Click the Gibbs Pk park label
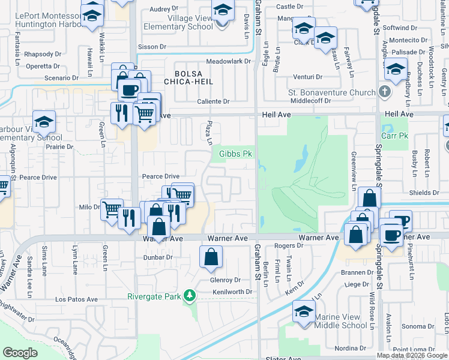click(x=234, y=154)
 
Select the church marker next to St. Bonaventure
click(x=385, y=92)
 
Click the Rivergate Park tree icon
click(x=190, y=295)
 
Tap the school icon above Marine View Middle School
click(x=304, y=311)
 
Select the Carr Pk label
click(x=394, y=136)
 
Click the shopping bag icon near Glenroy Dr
click(x=211, y=258)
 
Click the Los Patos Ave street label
click(x=76, y=299)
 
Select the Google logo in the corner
click(x=20, y=353)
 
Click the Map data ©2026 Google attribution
click(x=412, y=355)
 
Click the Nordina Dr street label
click(x=351, y=349)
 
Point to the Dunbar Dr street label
click(x=158, y=257)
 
